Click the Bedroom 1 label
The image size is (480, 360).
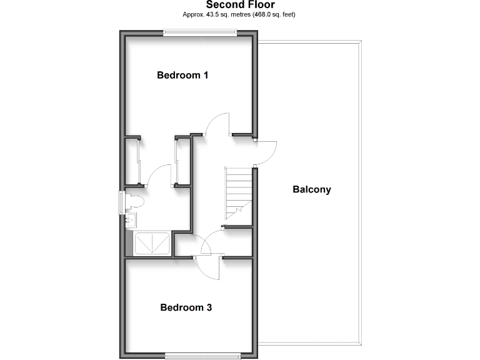(x=182, y=76)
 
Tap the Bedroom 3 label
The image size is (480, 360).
(x=186, y=307)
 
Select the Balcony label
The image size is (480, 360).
(x=312, y=189)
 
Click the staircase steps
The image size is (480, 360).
(x=238, y=191)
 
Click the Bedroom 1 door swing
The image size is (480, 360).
(x=219, y=123)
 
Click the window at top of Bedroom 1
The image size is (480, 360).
(x=201, y=33)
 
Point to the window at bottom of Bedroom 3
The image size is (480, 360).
(x=202, y=356)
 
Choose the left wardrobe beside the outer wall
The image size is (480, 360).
(x=132, y=161)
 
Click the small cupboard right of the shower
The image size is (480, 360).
(x=182, y=244)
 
